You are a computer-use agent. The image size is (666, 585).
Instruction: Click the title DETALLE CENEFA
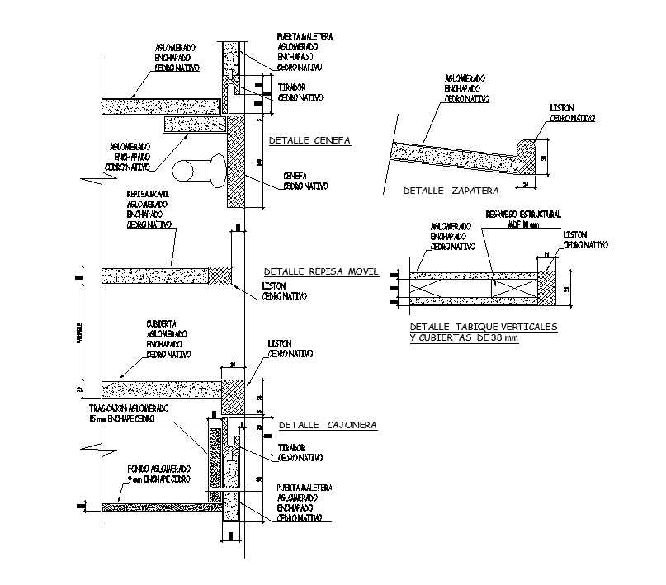click(309, 141)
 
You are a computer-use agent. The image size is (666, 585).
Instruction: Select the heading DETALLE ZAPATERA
click(451, 191)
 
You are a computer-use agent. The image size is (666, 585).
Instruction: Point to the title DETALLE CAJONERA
click(327, 425)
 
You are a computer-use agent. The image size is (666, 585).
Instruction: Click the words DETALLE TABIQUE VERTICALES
click(484, 327)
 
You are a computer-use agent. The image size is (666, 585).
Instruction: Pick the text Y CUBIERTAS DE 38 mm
click(465, 338)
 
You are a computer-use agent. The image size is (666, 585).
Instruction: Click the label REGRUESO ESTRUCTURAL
click(523, 215)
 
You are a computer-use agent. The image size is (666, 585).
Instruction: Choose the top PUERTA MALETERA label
click(305, 37)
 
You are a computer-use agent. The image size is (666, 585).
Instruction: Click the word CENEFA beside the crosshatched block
click(295, 176)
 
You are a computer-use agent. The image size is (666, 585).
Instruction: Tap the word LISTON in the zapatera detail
click(564, 107)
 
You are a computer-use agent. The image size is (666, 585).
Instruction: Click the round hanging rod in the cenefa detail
click(199, 169)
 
